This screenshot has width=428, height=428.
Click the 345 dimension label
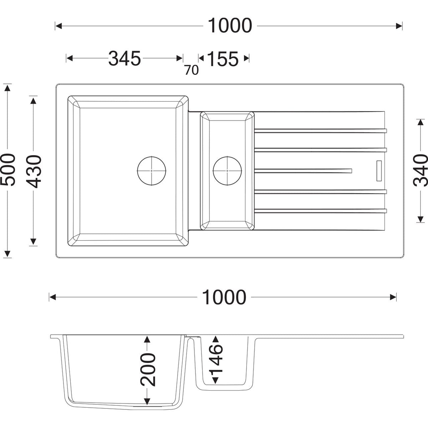tap(124, 58)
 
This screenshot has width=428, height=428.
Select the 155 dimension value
tap(223, 59)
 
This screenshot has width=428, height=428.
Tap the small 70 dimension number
tap(192, 70)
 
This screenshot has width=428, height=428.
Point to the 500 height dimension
tap(8, 167)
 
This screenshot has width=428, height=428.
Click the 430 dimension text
tap(34, 169)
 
